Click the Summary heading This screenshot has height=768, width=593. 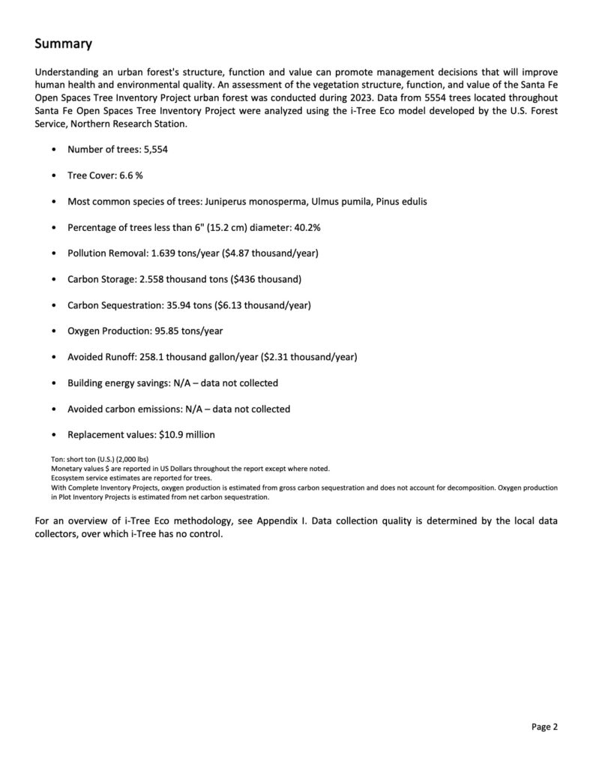tap(64, 44)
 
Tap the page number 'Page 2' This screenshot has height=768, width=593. tap(545, 726)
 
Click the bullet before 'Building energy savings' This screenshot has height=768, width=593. tap(53, 383)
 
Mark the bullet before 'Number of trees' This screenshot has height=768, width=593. tap(53, 150)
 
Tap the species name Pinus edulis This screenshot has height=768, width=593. tap(402, 202)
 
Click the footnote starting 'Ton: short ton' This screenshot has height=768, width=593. tap(92, 458)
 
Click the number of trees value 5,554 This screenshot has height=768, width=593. tap(154, 150)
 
